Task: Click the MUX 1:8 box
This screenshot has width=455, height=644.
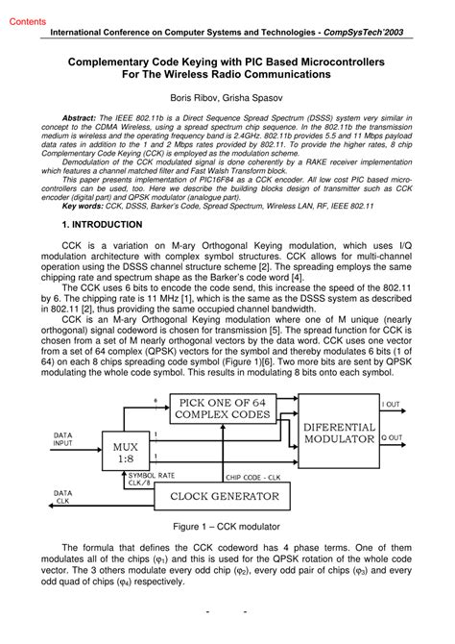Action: click(x=125, y=452)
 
